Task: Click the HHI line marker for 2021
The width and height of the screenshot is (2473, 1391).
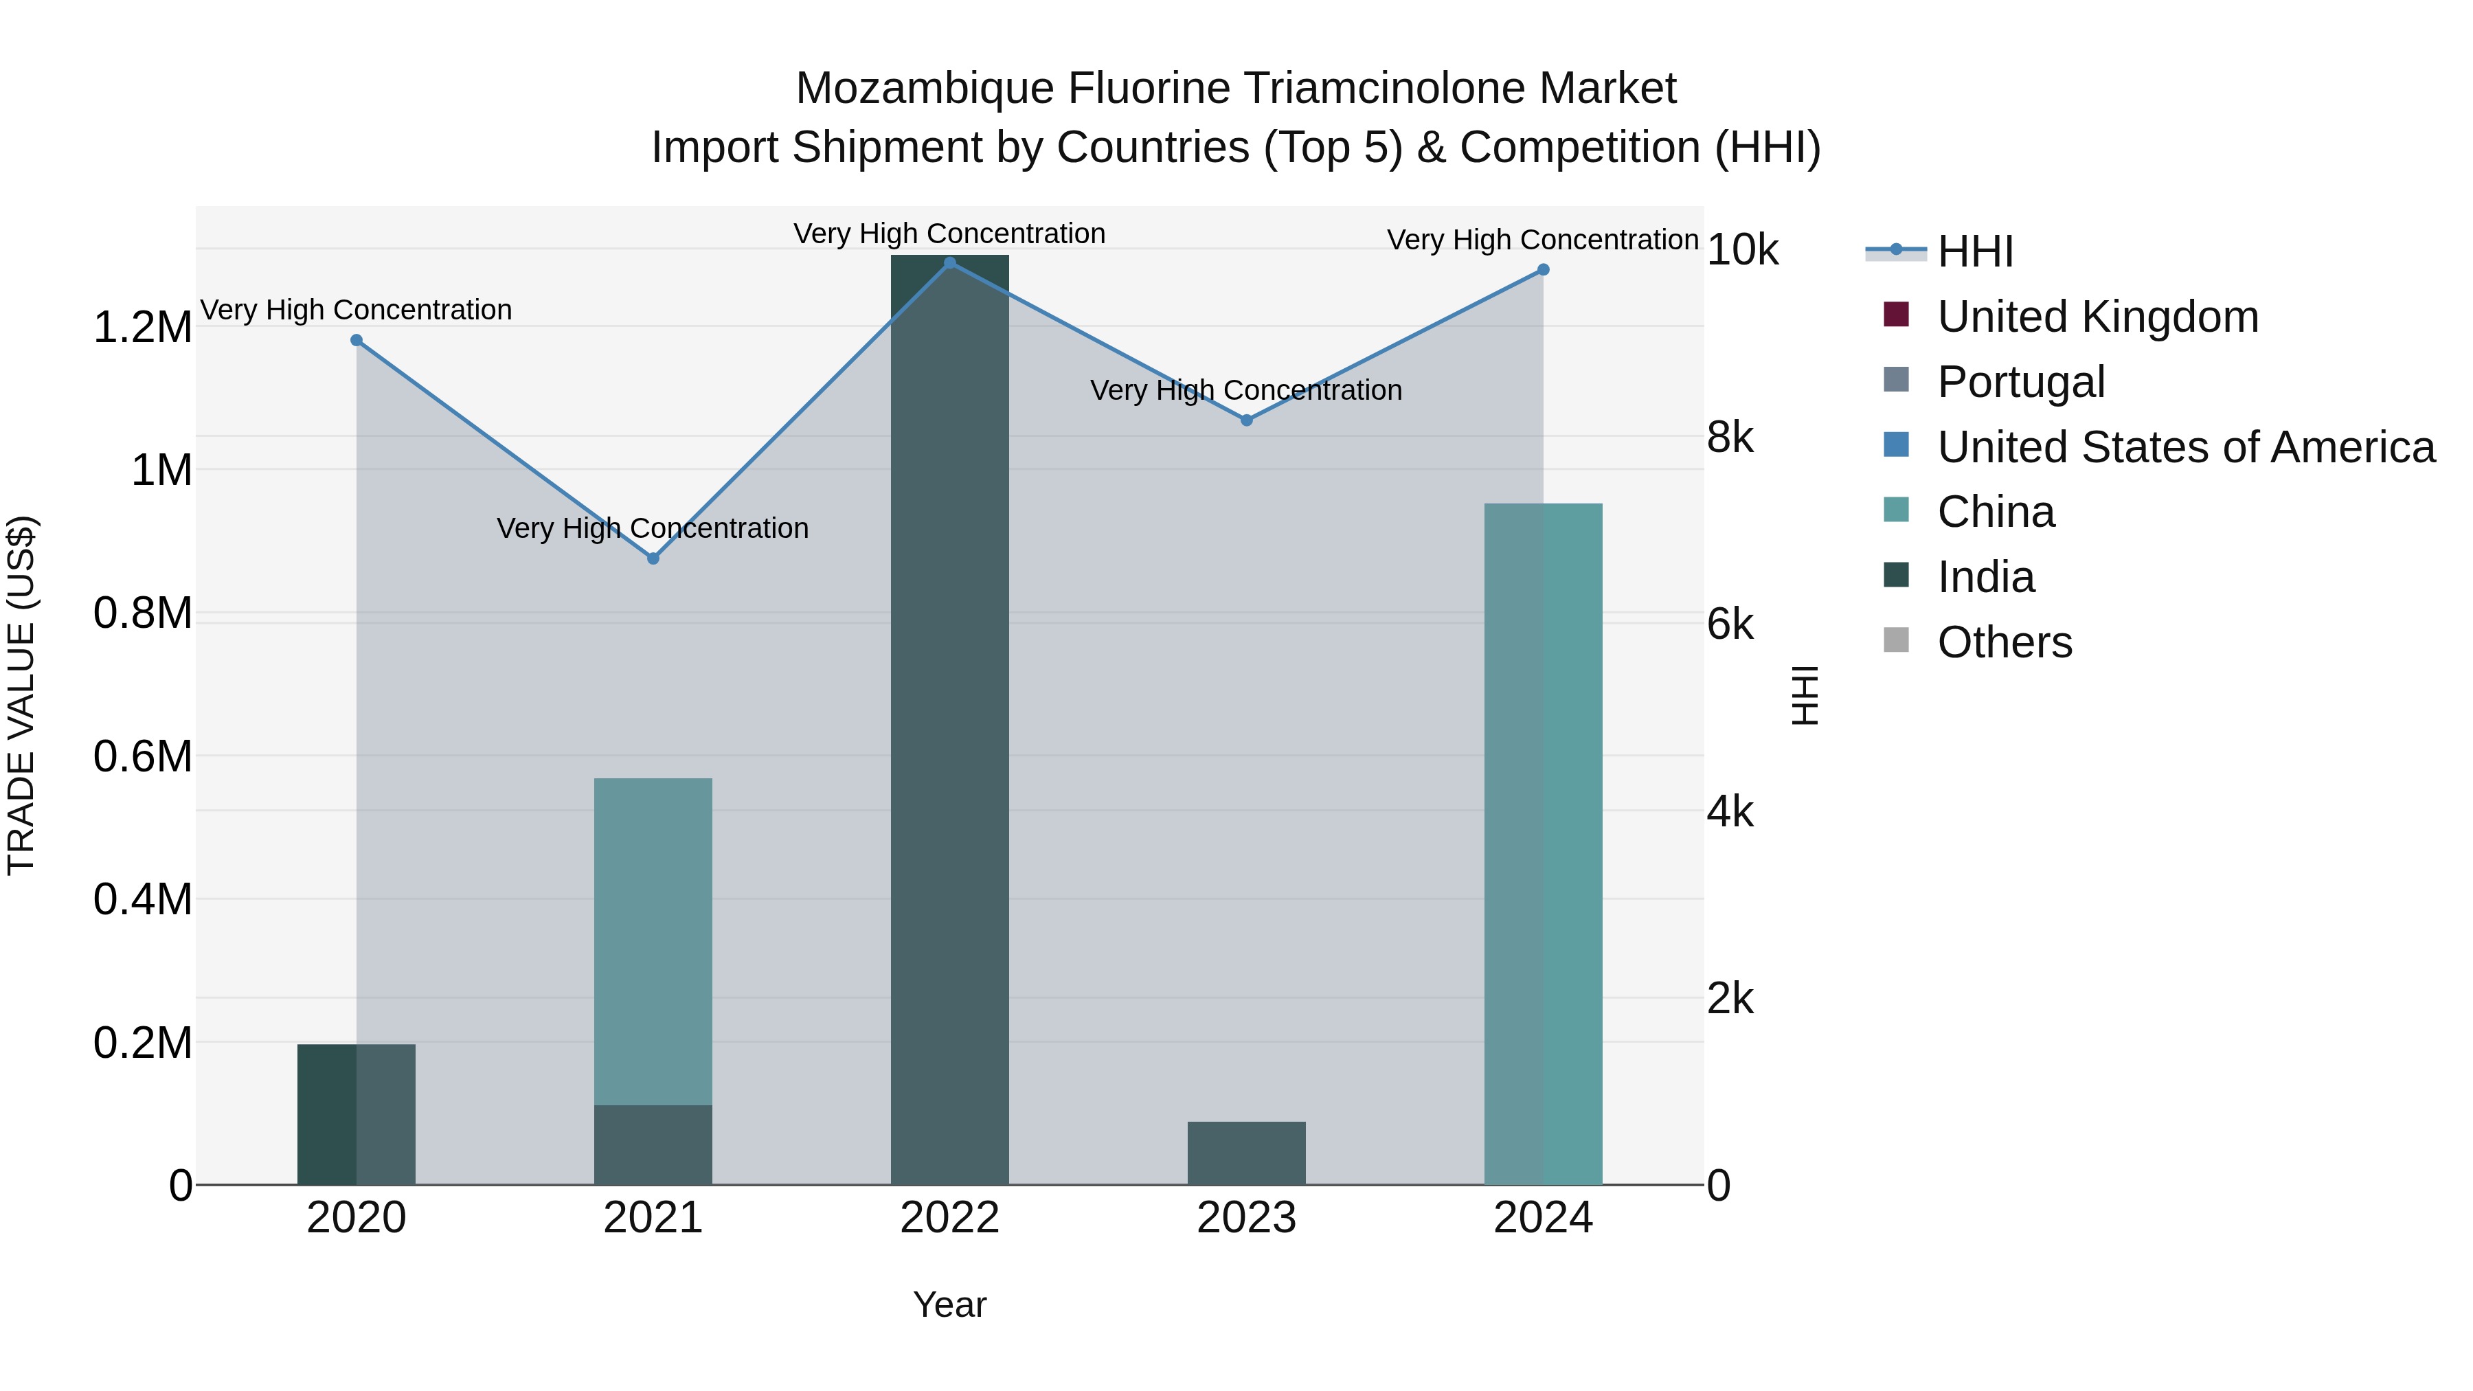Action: pos(653,558)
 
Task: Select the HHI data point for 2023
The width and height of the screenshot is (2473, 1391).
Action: pos(1246,420)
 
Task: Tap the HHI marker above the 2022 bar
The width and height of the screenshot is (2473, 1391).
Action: pos(949,262)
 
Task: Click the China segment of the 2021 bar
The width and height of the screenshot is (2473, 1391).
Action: pos(653,941)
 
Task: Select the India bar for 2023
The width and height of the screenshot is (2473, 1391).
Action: pos(1246,1152)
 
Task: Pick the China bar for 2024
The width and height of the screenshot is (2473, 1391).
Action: pos(1543,845)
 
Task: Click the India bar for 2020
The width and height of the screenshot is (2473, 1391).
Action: pos(356,1113)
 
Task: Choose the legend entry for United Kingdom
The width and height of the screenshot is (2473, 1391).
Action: pos(2098,317)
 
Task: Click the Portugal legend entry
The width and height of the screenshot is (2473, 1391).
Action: pos(2021,382)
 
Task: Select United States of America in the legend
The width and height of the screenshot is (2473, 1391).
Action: pos(2186,447)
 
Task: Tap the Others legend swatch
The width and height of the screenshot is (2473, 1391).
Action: pos(1896,640)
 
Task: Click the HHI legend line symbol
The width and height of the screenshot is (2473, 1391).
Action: pos(1895,251)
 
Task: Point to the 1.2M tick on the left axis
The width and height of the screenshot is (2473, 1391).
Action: pos(142,328)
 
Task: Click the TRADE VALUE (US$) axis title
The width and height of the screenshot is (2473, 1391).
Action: pos(21,695)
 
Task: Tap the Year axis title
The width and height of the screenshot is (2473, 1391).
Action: pos(949,1304)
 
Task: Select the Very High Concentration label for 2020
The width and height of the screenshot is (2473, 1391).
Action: pos(356,310)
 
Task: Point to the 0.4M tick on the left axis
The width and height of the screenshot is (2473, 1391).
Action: pos(142,899)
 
